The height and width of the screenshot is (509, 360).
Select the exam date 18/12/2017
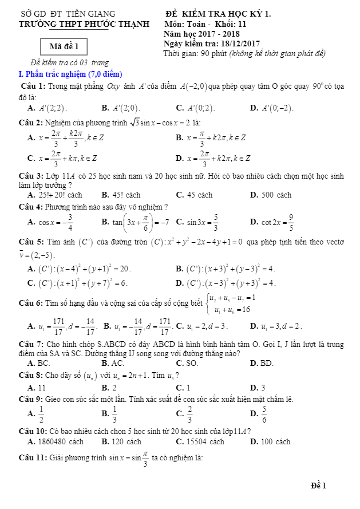240,44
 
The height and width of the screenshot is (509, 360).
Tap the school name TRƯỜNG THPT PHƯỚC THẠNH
84,24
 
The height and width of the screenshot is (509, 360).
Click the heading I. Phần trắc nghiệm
70,74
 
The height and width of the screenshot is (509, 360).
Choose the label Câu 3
31,176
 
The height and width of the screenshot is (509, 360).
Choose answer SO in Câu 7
192,363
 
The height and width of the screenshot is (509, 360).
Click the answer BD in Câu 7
267,363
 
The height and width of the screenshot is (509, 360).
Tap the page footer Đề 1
318,486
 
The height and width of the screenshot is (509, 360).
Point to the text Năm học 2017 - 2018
193,34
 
